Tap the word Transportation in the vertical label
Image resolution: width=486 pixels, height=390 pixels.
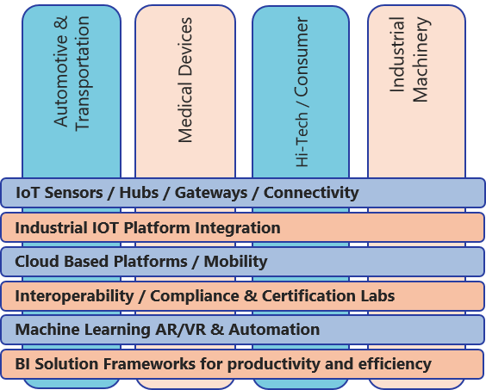(82, 73)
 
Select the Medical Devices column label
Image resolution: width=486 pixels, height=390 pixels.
(185, 80)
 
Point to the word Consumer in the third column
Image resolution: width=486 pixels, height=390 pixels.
(301, 57)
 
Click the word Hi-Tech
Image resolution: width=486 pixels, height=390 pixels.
(302, 139)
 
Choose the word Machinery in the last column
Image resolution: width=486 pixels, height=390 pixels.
(421, 59)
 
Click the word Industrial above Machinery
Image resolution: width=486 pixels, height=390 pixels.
(397, 54)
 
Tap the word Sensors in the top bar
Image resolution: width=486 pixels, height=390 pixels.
(73, 193)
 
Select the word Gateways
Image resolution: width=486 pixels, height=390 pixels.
(211, 194)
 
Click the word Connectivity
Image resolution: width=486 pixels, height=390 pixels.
(311, 194)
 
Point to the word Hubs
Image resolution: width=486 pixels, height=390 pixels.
(139, 193)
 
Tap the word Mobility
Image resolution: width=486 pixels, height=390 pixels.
(235, 262)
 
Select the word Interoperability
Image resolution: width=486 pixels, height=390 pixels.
(74, 297)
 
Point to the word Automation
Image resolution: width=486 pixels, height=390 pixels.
(274, 330)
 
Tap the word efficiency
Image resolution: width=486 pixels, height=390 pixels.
(395, 364)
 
